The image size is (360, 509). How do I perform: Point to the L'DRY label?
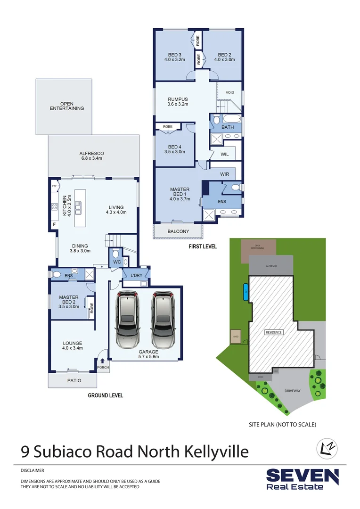pyautogui.click(x=131, y=276)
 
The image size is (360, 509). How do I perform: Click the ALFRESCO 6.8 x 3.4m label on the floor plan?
pyautogui.click(x=91, y=156)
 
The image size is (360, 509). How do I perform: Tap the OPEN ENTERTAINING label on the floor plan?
pyautogui.click(x=67, y=106)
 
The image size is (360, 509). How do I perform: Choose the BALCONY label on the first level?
pyautogui.click(x=178, y=231)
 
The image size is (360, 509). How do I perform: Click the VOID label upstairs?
pyautogui.click(x=229, y=92)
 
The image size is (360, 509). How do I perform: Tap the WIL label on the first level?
pyautogui.click(x=224, y=154)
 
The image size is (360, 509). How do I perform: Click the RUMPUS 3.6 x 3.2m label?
pyautogui.click(x=178, y=101)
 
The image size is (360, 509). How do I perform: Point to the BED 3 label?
pyautogui.click(x=174, y=57)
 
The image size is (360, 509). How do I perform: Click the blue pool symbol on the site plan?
pyautogui.click(x=245, y=292)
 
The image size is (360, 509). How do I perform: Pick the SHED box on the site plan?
pyautogui.click(x=235, y=337)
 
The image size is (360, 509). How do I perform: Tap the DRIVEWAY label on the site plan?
pyautogui.click(x=293, y=391)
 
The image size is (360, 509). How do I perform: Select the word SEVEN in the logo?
pyautogui.click(x=302, y=476)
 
